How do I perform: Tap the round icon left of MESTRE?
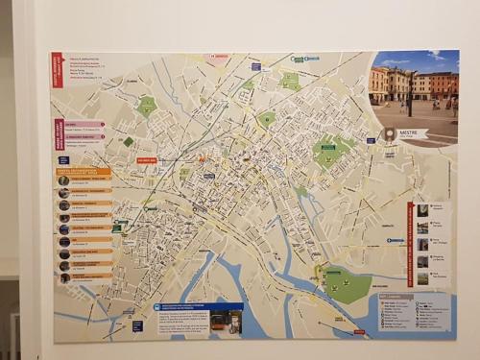pyautogui.click(x=390, y=134)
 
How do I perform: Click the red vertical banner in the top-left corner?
pyautogui.click(x=57, y=69)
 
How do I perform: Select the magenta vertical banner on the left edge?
pyautogui.click(x=60, y=133)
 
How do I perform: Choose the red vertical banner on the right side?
pyautogui.click(x=410, y=239)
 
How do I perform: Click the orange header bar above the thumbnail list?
pyautogui.click(x=84, y=171)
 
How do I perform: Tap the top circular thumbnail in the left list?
pyautogui.click(x=63, y=180)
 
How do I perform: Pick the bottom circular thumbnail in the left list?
pyautogui.click(x=64, y=277)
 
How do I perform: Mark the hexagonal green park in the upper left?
pyautogui.click(x=146, y=106)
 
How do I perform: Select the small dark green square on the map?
pyautogui.click(x=129, y=141)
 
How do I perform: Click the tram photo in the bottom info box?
pyautogui.click(x=226, y=321)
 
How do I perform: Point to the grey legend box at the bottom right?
pyautogui.click(x=412, y=313)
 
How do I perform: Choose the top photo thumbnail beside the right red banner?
pyautogui.click(x=422, y=207)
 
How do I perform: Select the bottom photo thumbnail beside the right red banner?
pyautogui.click(x=422, y=278)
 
